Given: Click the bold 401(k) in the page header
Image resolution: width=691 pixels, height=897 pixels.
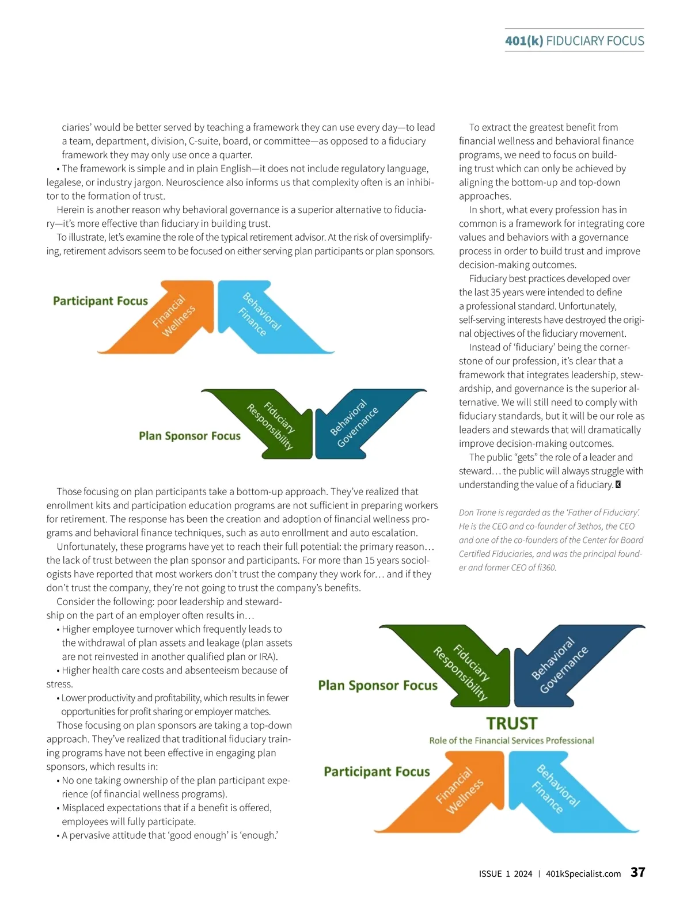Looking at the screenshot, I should (x=523, y=41).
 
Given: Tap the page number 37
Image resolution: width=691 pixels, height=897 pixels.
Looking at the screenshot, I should (x=637, y=872).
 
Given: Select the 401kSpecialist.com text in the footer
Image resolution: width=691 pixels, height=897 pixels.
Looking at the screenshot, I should (x=583, y=873).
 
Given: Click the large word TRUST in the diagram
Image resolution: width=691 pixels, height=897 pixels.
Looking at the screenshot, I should (x=511, y=723).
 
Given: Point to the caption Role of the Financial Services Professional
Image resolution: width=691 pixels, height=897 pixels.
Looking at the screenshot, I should (x=511, y=740).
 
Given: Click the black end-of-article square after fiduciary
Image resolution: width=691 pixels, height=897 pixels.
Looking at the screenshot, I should (x=618, y=485).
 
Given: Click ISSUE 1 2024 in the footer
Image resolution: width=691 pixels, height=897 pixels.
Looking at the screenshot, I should (x=505, y=873).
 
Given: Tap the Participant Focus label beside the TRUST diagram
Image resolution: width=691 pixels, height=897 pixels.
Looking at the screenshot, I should (x=377, y=771).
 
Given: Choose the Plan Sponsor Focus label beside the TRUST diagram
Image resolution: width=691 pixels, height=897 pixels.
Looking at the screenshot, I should (x=378, y=685).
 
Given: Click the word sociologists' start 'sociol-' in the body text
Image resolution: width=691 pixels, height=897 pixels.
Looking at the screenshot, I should (x=415, y=560).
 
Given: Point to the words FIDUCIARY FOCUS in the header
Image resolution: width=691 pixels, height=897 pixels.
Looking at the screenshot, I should (x=595, y=41).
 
